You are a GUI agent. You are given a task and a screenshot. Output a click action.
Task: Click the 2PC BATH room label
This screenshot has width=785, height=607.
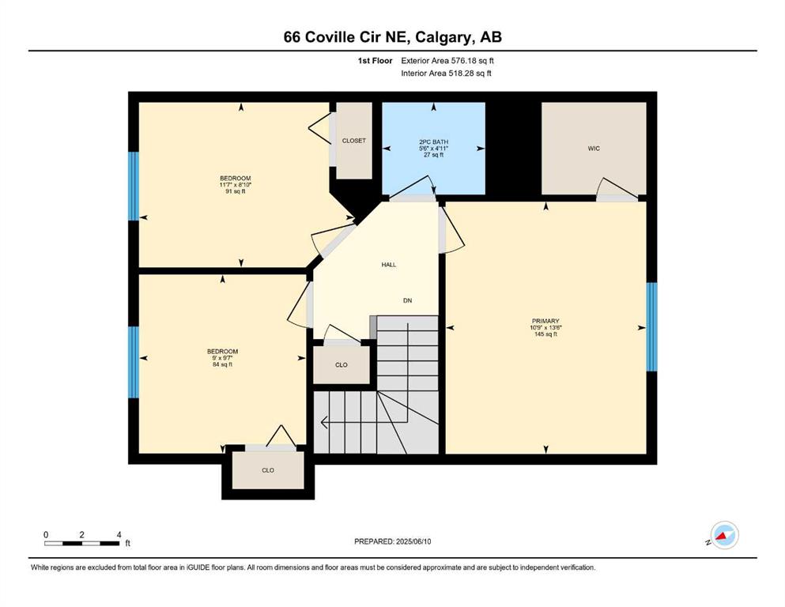pos(433,142)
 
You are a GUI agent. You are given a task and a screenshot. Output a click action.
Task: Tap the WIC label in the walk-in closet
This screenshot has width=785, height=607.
pos(594,149)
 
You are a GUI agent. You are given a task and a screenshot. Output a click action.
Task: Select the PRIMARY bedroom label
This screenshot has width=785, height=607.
pos(545,321)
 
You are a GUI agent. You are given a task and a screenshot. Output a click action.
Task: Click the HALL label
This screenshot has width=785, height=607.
pos(388,265)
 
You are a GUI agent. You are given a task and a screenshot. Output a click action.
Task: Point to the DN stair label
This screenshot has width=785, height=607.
pos(407,301)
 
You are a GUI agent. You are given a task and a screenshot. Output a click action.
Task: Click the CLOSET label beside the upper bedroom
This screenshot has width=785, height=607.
pos(354,141)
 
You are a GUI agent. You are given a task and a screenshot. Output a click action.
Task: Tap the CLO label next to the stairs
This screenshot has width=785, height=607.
pos(342,365)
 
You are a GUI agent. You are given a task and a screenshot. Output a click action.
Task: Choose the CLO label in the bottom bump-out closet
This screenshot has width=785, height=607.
pos(268,470)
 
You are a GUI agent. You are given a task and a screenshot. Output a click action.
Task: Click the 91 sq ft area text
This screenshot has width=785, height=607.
pos(236,191)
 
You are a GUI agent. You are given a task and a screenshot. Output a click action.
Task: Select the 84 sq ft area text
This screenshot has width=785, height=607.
pos(222,364)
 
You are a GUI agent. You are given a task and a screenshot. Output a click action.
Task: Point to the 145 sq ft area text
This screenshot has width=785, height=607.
pos(545,334)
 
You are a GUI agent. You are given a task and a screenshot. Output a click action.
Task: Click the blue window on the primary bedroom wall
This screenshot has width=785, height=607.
pos(651,326)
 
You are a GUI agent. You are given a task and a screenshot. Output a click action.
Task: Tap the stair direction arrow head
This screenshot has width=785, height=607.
pos(324,423)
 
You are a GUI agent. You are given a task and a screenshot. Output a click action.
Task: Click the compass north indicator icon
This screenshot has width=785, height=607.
pos(724,535)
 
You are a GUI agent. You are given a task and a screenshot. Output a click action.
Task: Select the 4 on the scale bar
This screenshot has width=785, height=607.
pos(119,534)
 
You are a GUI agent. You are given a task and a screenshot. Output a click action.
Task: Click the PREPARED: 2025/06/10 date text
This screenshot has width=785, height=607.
pos(392,541)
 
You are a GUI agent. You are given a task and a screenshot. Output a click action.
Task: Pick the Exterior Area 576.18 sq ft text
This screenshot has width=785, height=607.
pos(447,61)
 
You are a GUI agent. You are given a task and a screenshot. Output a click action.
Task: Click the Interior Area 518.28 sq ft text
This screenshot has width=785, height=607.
pos(446,74)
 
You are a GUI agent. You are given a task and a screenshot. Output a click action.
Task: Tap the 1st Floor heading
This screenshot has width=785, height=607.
pos(375,61)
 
